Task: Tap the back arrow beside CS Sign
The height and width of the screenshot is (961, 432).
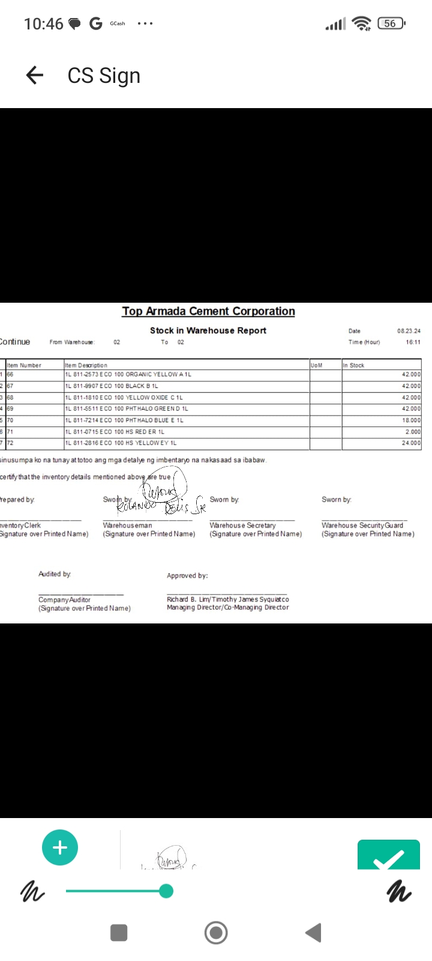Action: [x=35, y=75]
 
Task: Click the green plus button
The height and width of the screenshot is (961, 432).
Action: [x=60, y=847]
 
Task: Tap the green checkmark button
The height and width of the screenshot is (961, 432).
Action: [x=388, y=856]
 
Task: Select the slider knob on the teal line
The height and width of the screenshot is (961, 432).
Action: [x=166, y=891]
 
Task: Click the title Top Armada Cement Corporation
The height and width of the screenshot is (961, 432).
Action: [x=208, y=311]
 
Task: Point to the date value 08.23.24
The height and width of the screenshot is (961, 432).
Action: [x=409, y=331]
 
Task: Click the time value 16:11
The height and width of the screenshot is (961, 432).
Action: [x=413, y=342]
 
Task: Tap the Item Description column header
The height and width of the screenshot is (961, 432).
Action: [x=86, y=365]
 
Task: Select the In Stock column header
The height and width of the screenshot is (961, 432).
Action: [x=353, y=365]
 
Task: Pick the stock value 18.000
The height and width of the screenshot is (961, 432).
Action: [x=411, y=420]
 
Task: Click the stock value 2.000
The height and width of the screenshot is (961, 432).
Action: [x=413, y=432]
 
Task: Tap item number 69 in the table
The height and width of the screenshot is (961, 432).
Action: [x=10, y=408]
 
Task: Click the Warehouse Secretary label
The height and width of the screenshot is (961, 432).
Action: [x=242, y=525]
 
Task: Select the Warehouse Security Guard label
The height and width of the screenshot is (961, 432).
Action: [x=362, y=525]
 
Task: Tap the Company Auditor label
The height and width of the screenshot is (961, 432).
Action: [x=64, y=599]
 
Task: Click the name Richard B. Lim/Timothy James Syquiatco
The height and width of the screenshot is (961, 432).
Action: [x=228, y=599]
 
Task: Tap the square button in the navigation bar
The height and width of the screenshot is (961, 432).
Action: [x=119, y=933]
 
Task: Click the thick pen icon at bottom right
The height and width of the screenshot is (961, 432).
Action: [x=399, y=891]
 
